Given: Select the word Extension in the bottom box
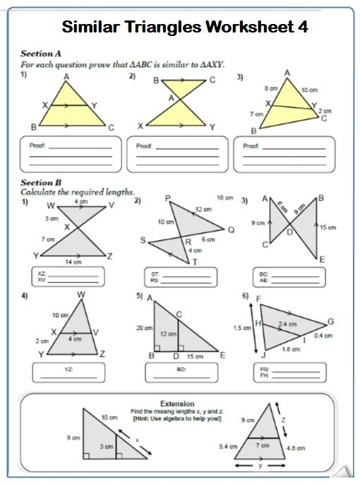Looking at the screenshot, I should click(177, 403).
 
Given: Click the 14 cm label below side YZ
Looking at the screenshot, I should click(73, 262).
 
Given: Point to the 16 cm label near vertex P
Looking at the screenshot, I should click(224, 197).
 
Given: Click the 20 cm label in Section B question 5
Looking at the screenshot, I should click(144, 328).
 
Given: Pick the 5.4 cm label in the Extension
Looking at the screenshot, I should click(229, 447).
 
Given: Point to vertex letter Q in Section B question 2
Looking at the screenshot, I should click(230, 229).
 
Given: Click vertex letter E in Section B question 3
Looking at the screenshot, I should click(321, 260).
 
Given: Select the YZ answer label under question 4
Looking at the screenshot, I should click(68, 369).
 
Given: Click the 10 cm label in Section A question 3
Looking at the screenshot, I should click(309, 91).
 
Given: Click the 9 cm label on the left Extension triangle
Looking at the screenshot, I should click(72, 438).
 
